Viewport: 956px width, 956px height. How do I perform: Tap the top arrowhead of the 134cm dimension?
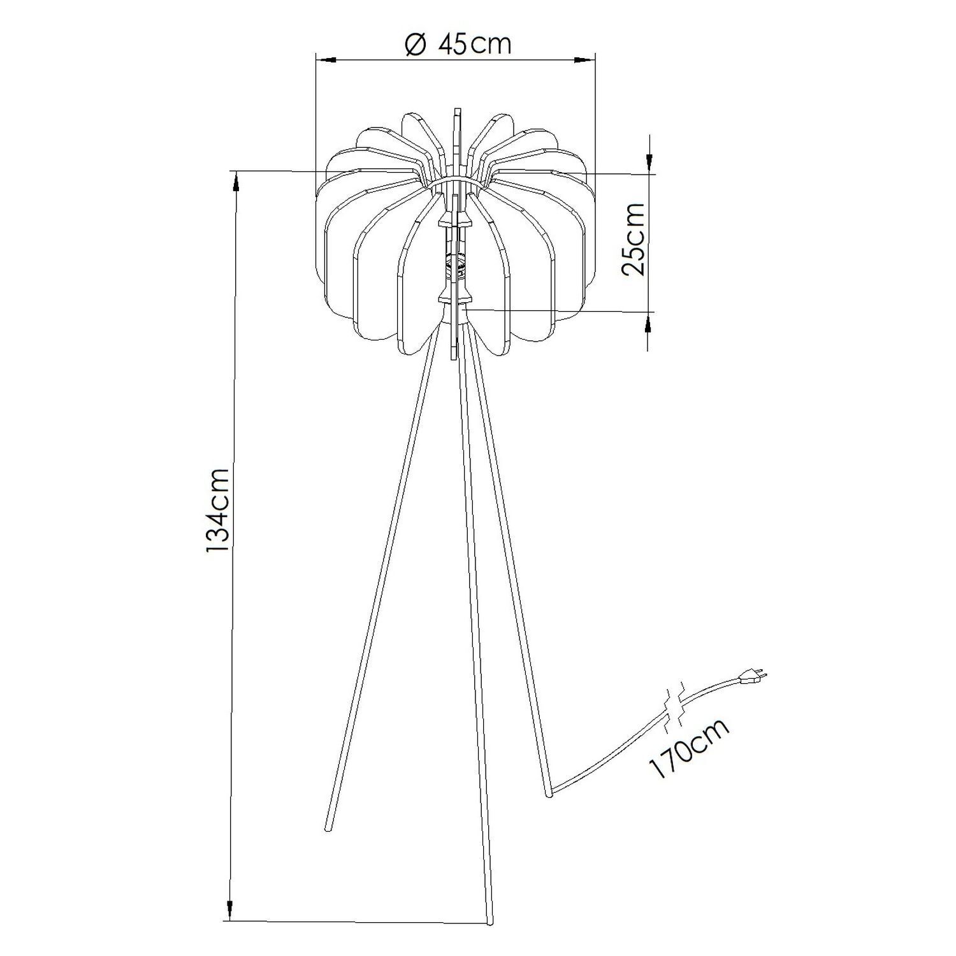click(x=235, y=182)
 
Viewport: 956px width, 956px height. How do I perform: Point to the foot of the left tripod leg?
click(x=329, y=829)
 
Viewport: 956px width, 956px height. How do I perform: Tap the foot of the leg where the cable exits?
click(x=549, y=794)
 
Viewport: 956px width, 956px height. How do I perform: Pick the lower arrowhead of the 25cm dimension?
click(x=649, y=323)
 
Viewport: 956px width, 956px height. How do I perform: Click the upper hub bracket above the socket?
click(x=455, y=222)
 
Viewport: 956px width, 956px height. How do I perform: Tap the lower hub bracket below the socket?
click(x=455, y=298)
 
